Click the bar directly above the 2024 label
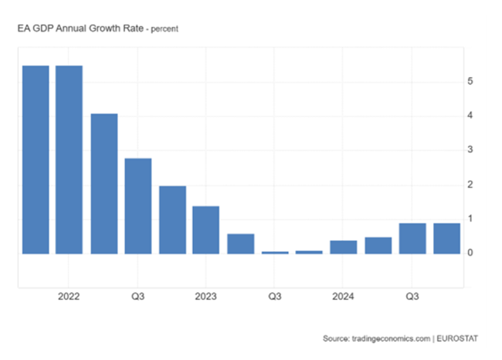(x=344, y=246)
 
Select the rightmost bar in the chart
(x=446, y=238)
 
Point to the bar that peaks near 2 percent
(x=172, y=219)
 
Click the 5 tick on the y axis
(x=470, y=81)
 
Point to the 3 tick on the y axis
(x=470, y=150)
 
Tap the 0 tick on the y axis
(x=470, y=253)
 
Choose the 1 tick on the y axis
(x=470, y=219)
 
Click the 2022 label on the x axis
(x=69, y=296)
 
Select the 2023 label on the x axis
(x=206, y=296)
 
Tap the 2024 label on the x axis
(x=343, y=296)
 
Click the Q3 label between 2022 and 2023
(x=137, y=296)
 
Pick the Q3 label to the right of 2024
(x=412, y=296)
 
